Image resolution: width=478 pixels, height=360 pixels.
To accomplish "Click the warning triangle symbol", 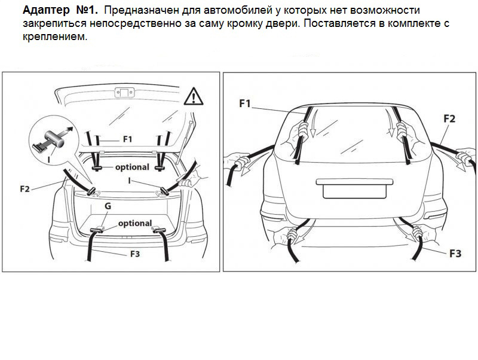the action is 193,96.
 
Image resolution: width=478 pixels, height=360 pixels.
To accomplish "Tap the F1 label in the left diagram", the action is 127,139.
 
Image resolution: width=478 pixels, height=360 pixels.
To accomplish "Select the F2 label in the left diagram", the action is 24,189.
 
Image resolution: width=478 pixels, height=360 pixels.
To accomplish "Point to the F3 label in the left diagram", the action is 135,254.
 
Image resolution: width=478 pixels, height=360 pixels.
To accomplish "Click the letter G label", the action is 108,206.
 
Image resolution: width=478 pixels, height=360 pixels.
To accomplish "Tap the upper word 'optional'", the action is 132,167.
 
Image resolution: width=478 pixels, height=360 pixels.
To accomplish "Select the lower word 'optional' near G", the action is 135,223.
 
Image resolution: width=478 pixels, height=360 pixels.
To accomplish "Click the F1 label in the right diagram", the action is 245,103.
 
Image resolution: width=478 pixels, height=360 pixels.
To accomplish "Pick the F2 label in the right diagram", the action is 449,118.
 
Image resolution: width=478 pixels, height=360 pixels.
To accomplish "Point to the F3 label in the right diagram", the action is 455,253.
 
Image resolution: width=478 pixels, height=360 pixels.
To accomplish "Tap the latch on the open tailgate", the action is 124,93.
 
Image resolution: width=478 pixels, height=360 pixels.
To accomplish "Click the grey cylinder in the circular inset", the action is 55,138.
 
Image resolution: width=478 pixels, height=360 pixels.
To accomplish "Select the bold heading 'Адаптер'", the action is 46,11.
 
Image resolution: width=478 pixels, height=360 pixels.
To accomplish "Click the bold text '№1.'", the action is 87,10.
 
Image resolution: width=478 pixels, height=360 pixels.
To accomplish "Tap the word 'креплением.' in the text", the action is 55,37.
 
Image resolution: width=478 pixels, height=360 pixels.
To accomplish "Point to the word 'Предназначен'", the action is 142,11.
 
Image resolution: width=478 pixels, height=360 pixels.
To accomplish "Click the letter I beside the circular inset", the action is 49,160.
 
